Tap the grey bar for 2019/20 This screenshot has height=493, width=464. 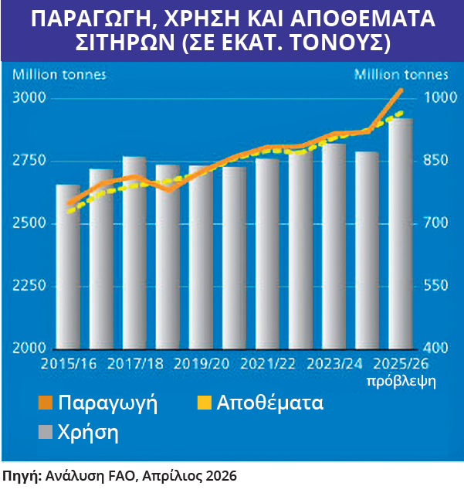201,259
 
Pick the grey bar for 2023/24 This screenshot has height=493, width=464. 334,247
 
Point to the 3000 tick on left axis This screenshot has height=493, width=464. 29,98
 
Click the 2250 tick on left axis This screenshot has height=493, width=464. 29,286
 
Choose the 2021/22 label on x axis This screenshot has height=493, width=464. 267,363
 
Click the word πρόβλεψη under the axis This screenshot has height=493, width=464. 401,381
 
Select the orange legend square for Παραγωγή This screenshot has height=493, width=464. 46,403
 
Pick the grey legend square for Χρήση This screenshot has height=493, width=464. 46,433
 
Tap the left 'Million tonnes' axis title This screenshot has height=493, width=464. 59,75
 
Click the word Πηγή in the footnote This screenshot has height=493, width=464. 22,475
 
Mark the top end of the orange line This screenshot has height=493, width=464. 401,90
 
